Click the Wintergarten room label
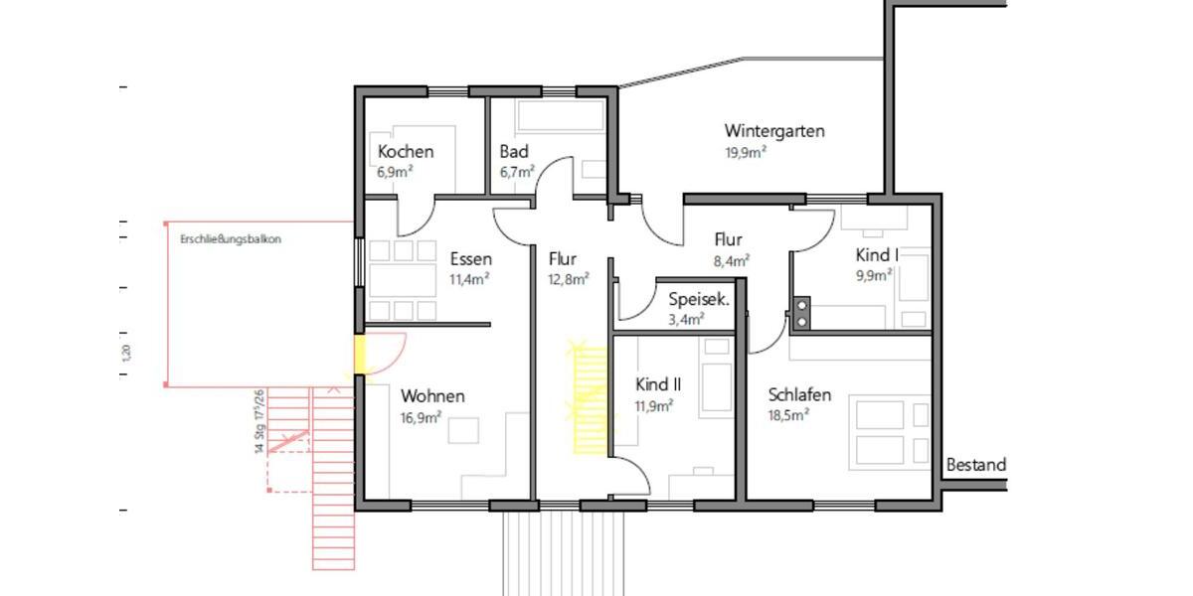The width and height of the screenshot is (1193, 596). pos(774,131)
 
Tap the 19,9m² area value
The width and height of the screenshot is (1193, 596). pos(746,153)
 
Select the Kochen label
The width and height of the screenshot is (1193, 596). pos(405,152)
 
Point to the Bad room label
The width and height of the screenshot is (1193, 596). pos(514,152)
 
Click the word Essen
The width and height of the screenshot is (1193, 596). pos(470,259)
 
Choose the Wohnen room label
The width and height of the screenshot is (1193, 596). pos(432,396)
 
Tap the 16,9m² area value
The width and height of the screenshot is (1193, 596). pos(421,418)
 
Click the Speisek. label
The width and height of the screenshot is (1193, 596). pos(699,299)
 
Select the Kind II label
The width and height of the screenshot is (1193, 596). pos(657,384)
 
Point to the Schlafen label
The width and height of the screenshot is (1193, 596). pos(799,394)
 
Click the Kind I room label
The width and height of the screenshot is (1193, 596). pos(877,255)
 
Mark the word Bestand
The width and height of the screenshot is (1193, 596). pos(975,465)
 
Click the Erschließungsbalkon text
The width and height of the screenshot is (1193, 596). pos(231,239)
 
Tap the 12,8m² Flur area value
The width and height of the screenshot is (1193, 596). pos(569,279)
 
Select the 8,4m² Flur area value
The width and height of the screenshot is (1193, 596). pos(730,260)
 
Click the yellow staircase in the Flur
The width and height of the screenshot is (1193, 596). pos(590,397)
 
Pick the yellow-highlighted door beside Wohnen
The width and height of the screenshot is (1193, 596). pos(361,356)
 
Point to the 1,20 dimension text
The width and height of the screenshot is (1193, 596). pos(126,352)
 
